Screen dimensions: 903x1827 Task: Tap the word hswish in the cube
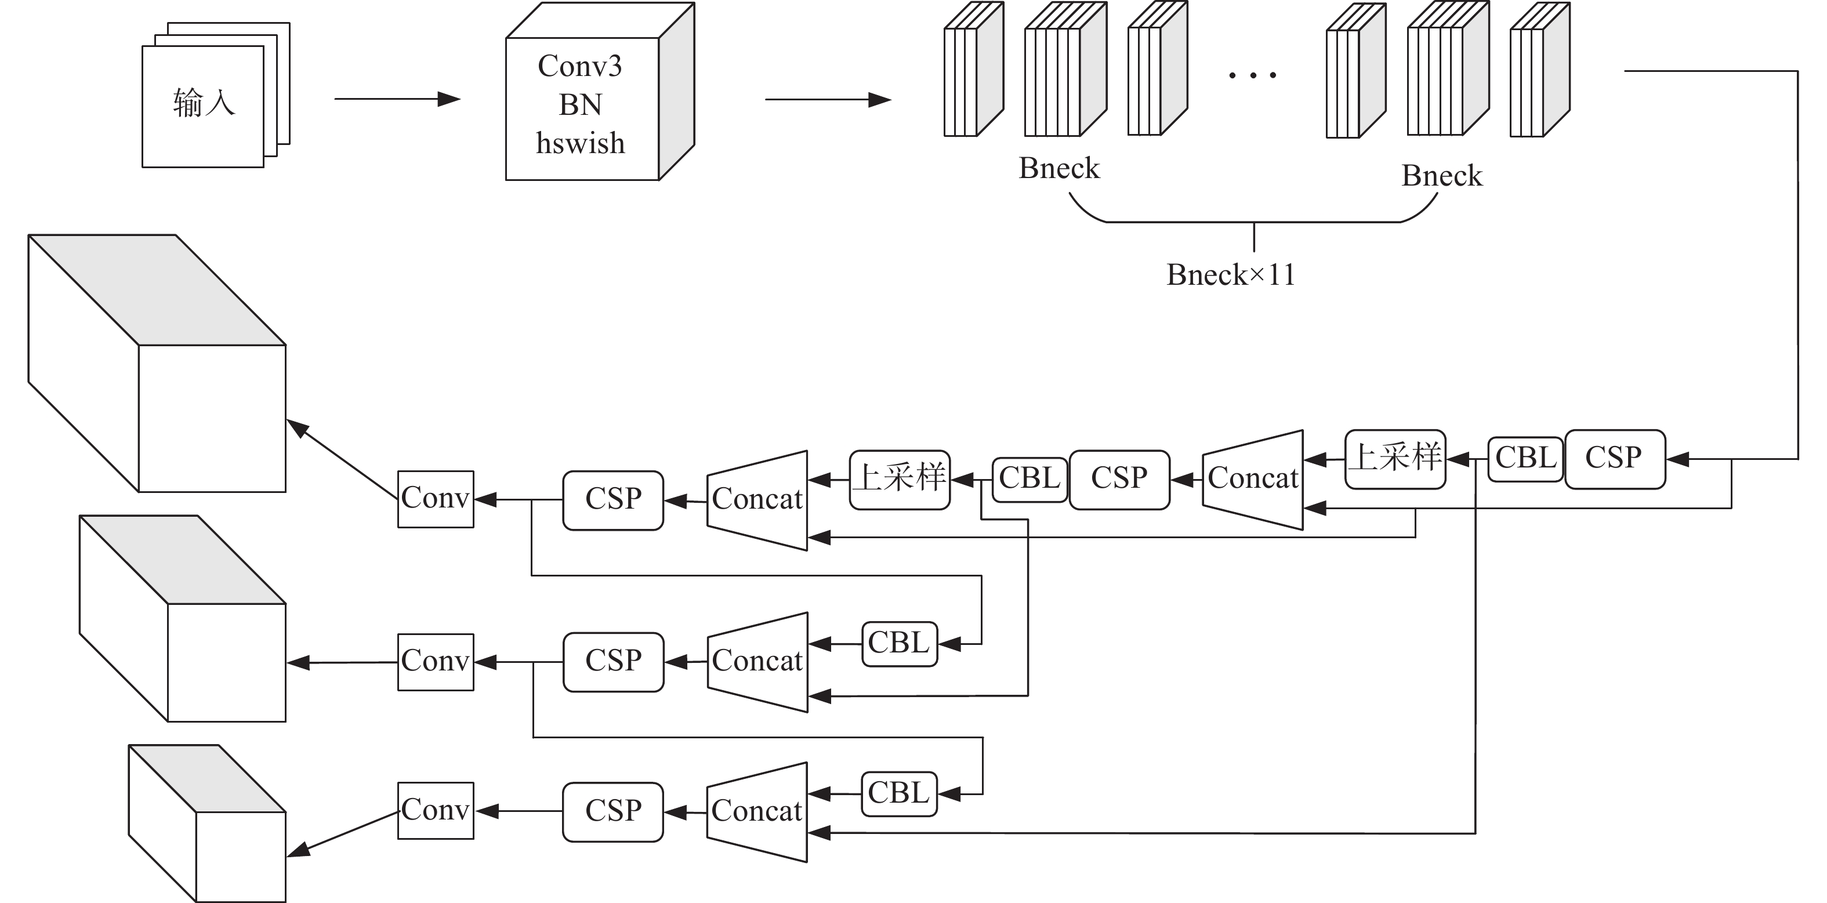[x=580, y=144]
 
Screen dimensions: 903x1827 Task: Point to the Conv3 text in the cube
[x=579, y=67]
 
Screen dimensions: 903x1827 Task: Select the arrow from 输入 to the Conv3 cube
[x=397, y=99]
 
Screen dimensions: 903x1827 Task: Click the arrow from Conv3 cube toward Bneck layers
[x=827, y=99]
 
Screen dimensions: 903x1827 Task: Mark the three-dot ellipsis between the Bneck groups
[x=1253, y=74]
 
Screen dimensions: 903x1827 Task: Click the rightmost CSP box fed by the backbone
[x=1614, y=458]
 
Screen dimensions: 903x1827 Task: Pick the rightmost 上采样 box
[x=1394, y=458]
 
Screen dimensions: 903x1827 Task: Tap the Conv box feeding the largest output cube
[x=436, y=499]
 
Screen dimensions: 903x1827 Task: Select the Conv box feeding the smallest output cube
[x=436, y=810]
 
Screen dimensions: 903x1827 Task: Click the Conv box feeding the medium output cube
[x=436, y=661]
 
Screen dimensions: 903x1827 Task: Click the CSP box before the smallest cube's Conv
[x=613, y=811]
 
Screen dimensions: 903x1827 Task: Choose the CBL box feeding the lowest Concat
[x=898, y=793]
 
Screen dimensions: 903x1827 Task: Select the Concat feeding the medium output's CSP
[x=757, y=661]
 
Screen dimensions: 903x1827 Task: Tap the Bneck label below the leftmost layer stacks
[x=1059, y=169]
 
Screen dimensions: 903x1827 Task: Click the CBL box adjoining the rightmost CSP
[x=1525, y=458]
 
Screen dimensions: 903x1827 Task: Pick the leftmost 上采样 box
[x=900, y=479]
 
